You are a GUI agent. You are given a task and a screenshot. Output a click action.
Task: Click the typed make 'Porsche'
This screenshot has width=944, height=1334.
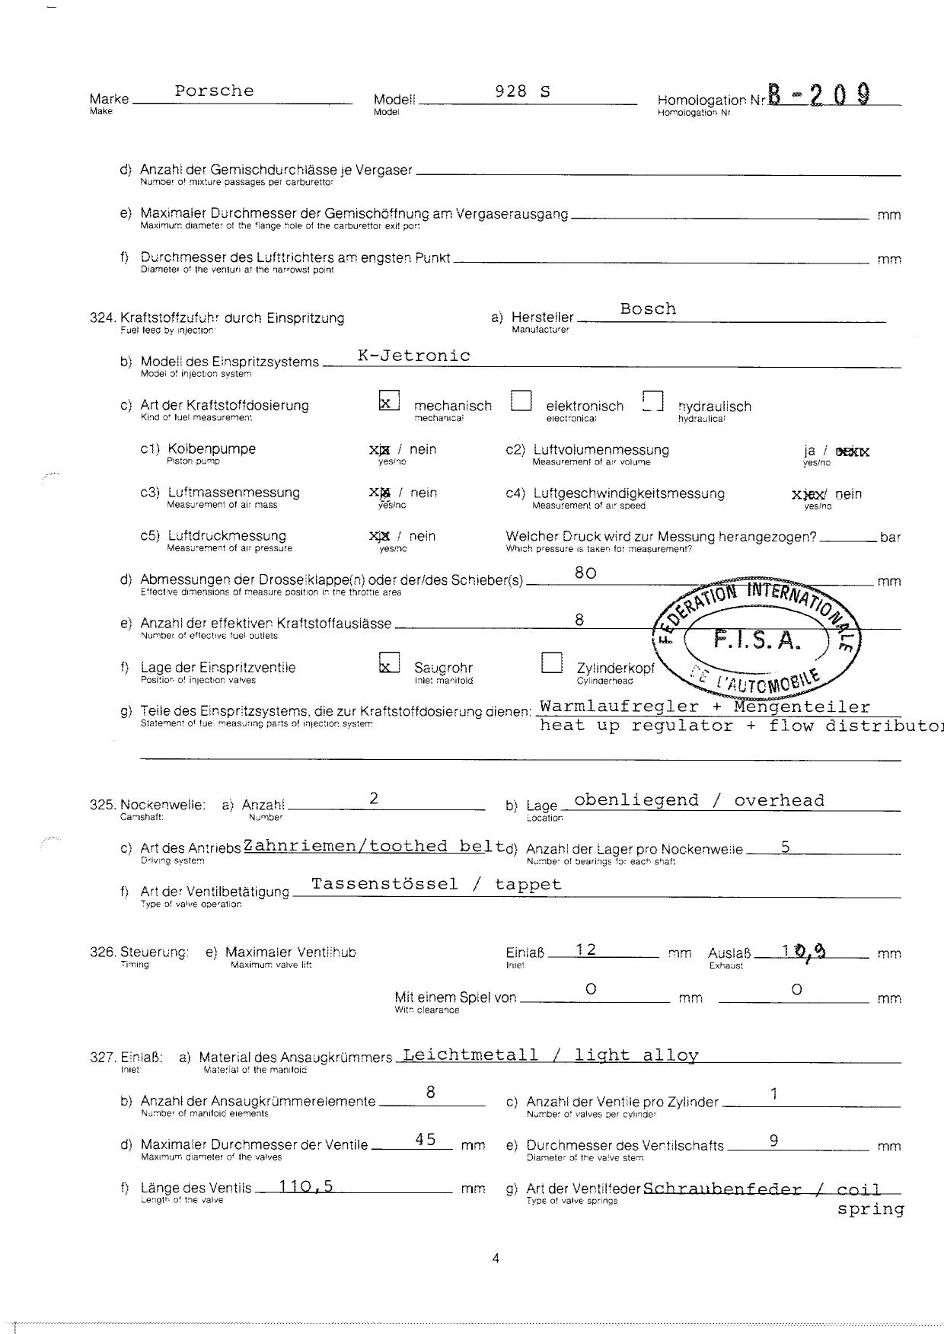click(x=214, y=91)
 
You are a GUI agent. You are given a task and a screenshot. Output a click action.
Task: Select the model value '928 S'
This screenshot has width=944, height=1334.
click(x=522, y=91)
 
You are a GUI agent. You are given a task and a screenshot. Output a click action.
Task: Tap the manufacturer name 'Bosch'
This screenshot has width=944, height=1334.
click(x=648, y=309)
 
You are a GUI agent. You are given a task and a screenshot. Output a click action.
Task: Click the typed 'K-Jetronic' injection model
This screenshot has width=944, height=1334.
click(x=414, y=356)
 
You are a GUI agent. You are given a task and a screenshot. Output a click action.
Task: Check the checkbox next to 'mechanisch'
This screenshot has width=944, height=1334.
click(x=388, y=401)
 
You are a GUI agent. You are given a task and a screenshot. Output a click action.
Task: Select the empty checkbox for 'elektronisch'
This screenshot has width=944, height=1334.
click(x=521, y=401)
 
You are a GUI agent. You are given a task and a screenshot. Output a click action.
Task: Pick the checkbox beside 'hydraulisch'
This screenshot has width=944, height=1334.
click(x=652, y=401)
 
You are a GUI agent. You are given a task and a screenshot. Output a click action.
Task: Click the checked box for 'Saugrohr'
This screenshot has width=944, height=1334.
click(x=388, y=663)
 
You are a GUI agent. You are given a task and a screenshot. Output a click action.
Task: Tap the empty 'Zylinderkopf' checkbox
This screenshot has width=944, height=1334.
click(x=551, y=663)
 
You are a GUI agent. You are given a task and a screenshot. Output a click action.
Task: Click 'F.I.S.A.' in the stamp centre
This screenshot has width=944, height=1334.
click(x=757, y=641)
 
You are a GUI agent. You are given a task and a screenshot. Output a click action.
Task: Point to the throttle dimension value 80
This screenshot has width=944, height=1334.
click(x=585, y=573)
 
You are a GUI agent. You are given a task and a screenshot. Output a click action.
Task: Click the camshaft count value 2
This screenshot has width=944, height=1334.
click(x=374, y=798)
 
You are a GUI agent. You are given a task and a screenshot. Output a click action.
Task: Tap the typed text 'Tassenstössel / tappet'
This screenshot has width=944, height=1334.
click(x=436, y=884)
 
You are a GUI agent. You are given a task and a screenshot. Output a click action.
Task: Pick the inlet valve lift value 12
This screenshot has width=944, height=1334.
click(x=585, y=949)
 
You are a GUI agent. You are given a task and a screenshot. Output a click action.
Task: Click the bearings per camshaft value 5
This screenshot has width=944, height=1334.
click(x=785, y=846)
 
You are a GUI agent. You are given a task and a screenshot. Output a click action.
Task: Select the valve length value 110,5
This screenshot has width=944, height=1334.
click(x=306, y=1186)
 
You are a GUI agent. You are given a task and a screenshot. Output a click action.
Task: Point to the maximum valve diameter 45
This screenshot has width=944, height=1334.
click(x=426, y=1140)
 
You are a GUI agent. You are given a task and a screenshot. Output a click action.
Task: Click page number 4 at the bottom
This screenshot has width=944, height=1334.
click(x=496, y=1259)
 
